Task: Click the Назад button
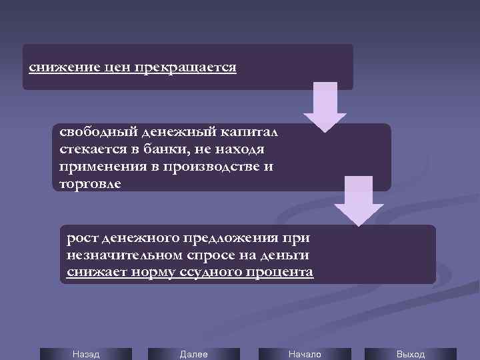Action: pos(86,354)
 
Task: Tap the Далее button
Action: pos(194,354)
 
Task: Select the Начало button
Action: pos(305,354)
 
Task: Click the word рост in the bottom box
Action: pos(81,237)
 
